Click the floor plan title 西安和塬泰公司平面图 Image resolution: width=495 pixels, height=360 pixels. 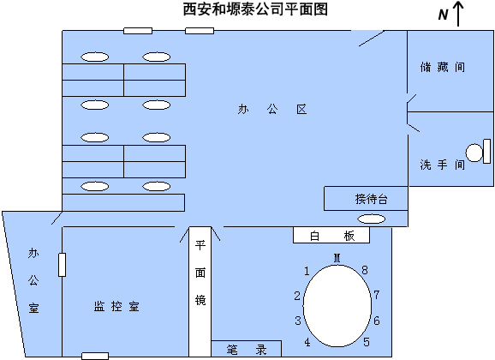(255, 9)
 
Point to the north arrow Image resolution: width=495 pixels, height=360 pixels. (458, 14)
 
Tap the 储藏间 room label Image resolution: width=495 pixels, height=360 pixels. (443, 67)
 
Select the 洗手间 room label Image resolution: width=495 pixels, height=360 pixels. (443, 165)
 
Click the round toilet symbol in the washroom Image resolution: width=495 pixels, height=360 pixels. (474, 153)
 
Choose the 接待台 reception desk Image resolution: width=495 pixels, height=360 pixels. (366, 199)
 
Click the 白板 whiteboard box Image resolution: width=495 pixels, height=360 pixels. (331, 235)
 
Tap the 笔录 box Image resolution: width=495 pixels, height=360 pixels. (247, 349)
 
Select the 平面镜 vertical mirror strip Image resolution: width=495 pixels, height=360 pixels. (200, 291)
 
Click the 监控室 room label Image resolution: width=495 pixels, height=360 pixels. (116, 306)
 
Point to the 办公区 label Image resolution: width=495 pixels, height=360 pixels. (272, 110)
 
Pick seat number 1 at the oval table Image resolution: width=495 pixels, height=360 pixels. (307, 271)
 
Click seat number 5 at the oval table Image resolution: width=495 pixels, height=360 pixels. (367, 342)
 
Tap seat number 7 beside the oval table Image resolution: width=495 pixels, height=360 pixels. (376, 295)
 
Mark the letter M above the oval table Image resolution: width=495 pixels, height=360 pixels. (337, 258)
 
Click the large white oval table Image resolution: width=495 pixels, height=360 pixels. (337, 306)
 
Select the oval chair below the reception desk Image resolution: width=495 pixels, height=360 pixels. (371, 219)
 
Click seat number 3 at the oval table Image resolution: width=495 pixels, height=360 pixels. (298, 321)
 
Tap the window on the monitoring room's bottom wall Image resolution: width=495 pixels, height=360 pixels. (95, 357)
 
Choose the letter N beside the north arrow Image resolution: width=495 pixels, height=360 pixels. (444, 15)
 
